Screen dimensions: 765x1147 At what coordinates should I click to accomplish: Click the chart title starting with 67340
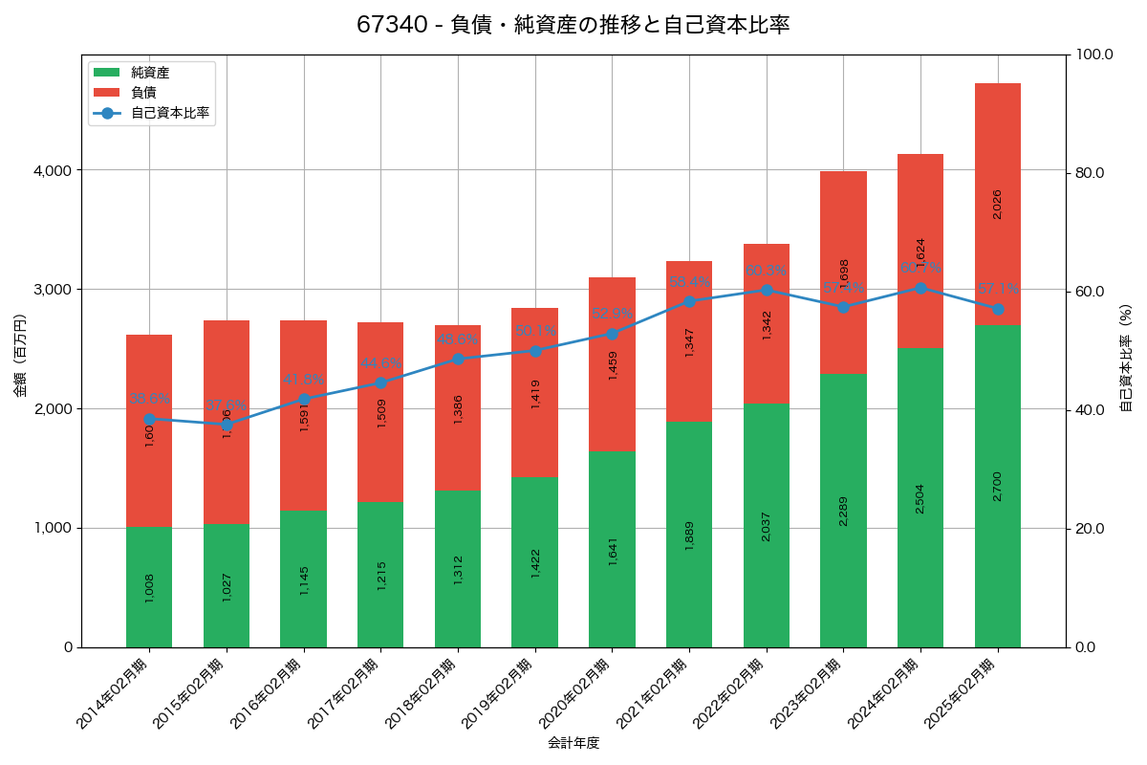tap(573, 25)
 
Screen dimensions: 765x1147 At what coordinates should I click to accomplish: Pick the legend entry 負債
tap(143, 93)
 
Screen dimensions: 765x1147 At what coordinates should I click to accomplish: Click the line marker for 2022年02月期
tap(767, 290)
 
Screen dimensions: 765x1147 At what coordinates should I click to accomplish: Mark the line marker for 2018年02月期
tap(458, 359)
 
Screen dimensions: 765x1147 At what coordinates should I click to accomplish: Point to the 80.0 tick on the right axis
tap(1089, 173)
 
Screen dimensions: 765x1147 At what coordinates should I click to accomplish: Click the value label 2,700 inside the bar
tap(997, 487)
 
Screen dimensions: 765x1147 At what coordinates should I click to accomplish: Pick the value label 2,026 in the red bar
tap(997, 205)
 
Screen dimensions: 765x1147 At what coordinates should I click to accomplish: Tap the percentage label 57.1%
tap(999, 289)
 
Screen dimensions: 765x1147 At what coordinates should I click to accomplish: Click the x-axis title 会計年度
tap(573, 743)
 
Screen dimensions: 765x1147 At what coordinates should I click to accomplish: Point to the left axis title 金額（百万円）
tap(20, 355)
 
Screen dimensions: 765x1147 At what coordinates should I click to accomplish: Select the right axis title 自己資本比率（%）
tap(1126, 358)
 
